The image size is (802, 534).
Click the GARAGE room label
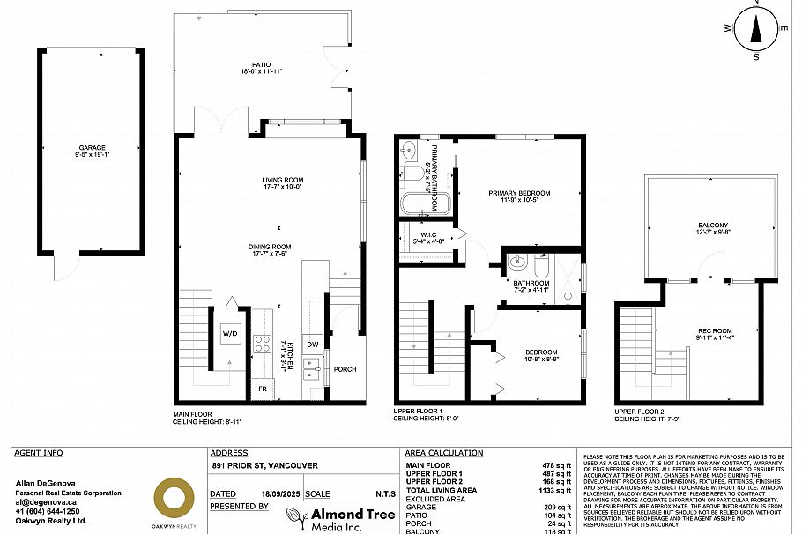click(91, 148)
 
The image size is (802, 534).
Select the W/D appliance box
click(230, 334)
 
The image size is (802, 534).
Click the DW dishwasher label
click(312, 344)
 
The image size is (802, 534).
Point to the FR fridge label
click(262, 389)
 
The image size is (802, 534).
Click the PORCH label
click(345, 369)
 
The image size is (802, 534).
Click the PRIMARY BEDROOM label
click(519, 193)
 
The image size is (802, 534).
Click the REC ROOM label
click(715, 331)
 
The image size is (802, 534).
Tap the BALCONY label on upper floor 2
click(713, 226)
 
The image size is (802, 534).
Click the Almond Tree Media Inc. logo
click(335, 518)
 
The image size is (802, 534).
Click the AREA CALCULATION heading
click(444, 453)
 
